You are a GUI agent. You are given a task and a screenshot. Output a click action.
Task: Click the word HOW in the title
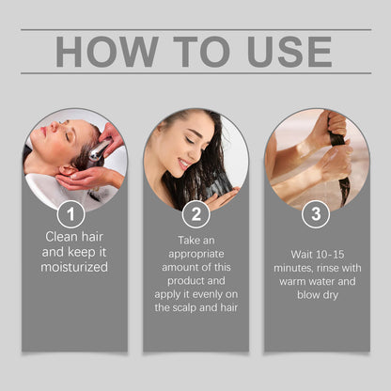click(x=107, y=52)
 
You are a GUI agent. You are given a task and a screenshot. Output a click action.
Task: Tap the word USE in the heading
click(x=289, y=52)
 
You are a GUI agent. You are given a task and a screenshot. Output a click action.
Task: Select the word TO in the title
click(x=202, y=52)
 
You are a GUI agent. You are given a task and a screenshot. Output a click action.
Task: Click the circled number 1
click(x=70, y=214)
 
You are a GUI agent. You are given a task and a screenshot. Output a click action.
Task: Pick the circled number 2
click(x=196, y=214)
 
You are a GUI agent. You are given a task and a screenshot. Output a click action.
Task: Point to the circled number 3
click(x=316, y=214)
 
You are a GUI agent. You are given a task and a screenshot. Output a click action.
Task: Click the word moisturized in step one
click(x=74, y=267)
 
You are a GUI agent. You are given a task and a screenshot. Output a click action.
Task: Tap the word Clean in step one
click(x=61, y=237)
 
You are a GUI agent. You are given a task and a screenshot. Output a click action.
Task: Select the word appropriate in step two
click(x=196, y=255)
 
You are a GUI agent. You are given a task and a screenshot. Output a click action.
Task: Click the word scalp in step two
click(x=184, y=307)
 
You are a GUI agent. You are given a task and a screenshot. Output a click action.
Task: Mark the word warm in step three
click(x=292, y=282)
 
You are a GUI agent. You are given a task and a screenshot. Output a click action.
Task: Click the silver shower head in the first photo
click(x=100, y=149)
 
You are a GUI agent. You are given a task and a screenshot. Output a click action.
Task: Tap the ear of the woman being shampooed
click(x=68, y=171)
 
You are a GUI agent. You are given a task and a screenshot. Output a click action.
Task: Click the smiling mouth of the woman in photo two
click(x=183, y=164)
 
